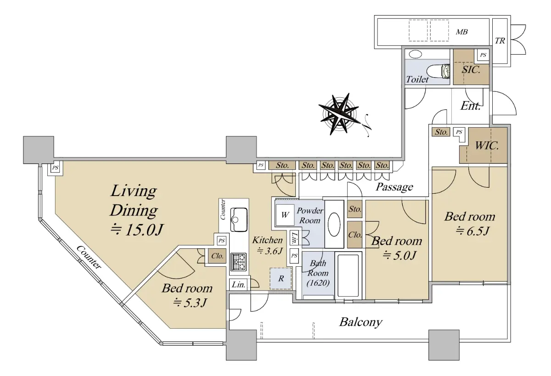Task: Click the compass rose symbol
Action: [339, 114]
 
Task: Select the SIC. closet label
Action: [471, 70]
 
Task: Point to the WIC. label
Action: [487, 146]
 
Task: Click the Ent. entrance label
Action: [470, 106]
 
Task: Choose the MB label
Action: [461, 32]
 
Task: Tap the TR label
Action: [500, 41]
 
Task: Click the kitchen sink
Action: [239, 219]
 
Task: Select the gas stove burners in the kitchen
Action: [238, 262]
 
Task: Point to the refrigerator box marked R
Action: [281, 278]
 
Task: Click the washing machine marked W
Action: [285, 215]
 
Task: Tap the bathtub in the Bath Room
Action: [348, 275]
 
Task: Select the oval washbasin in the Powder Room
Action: [334, 224]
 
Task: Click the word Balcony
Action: [361, 322]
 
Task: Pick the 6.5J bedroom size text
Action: [472, 231]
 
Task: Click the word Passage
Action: [394, 187]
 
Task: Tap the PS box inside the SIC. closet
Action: [483, 55]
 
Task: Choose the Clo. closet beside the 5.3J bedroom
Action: [217, 256]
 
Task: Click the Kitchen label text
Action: [267, 240]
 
